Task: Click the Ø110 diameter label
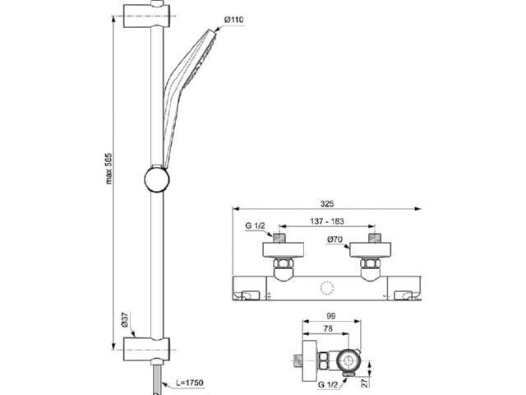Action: coord(233,20)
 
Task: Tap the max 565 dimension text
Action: coord(108,169)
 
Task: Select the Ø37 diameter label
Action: coord(124,319)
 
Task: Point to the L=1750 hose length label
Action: coord(190,383)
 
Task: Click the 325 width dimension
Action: coord(327,203)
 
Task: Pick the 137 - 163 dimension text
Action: coord(327,221)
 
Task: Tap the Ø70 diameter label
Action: coord(335,239)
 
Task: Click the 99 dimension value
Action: coord(330,316)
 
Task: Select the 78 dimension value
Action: coord(328,329)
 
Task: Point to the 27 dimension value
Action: coord(365,382)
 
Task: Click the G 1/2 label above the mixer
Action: coord(255,225)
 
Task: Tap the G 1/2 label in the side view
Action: coord(327,384)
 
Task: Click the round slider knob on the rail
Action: coord(157,179)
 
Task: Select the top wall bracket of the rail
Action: coord(146,16)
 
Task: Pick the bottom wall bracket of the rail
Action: coord(146,349)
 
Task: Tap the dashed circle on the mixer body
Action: coord(327,289)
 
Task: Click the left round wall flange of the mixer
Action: coord(283,250)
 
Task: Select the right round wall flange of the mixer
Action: coord(371,250)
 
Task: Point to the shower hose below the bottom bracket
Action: coord(157,379)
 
